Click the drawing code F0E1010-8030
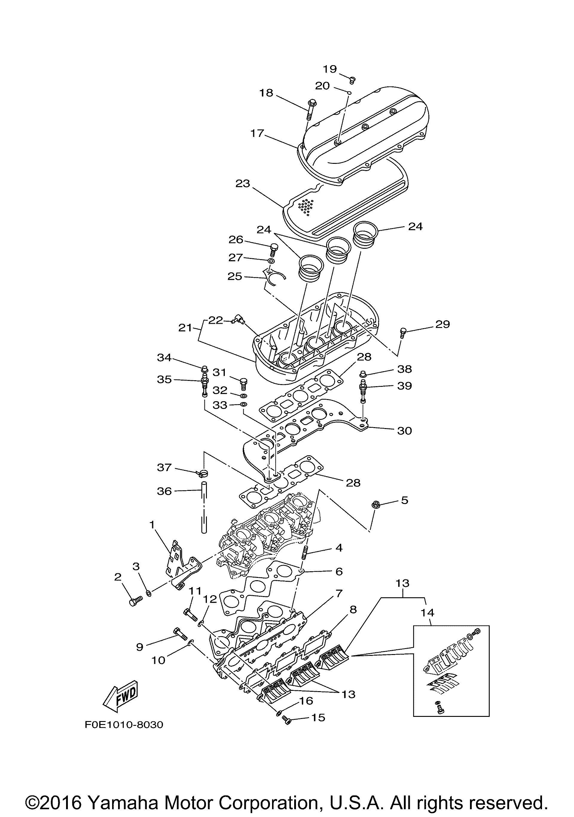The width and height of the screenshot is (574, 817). click(x=123, y=725)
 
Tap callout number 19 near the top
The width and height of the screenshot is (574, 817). click(x=329, y=69)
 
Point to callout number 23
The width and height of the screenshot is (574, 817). click(x=243, y=184)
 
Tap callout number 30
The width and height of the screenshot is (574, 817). click(x=404, y=431)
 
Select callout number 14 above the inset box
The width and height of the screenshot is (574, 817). click(x=427, y=613)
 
